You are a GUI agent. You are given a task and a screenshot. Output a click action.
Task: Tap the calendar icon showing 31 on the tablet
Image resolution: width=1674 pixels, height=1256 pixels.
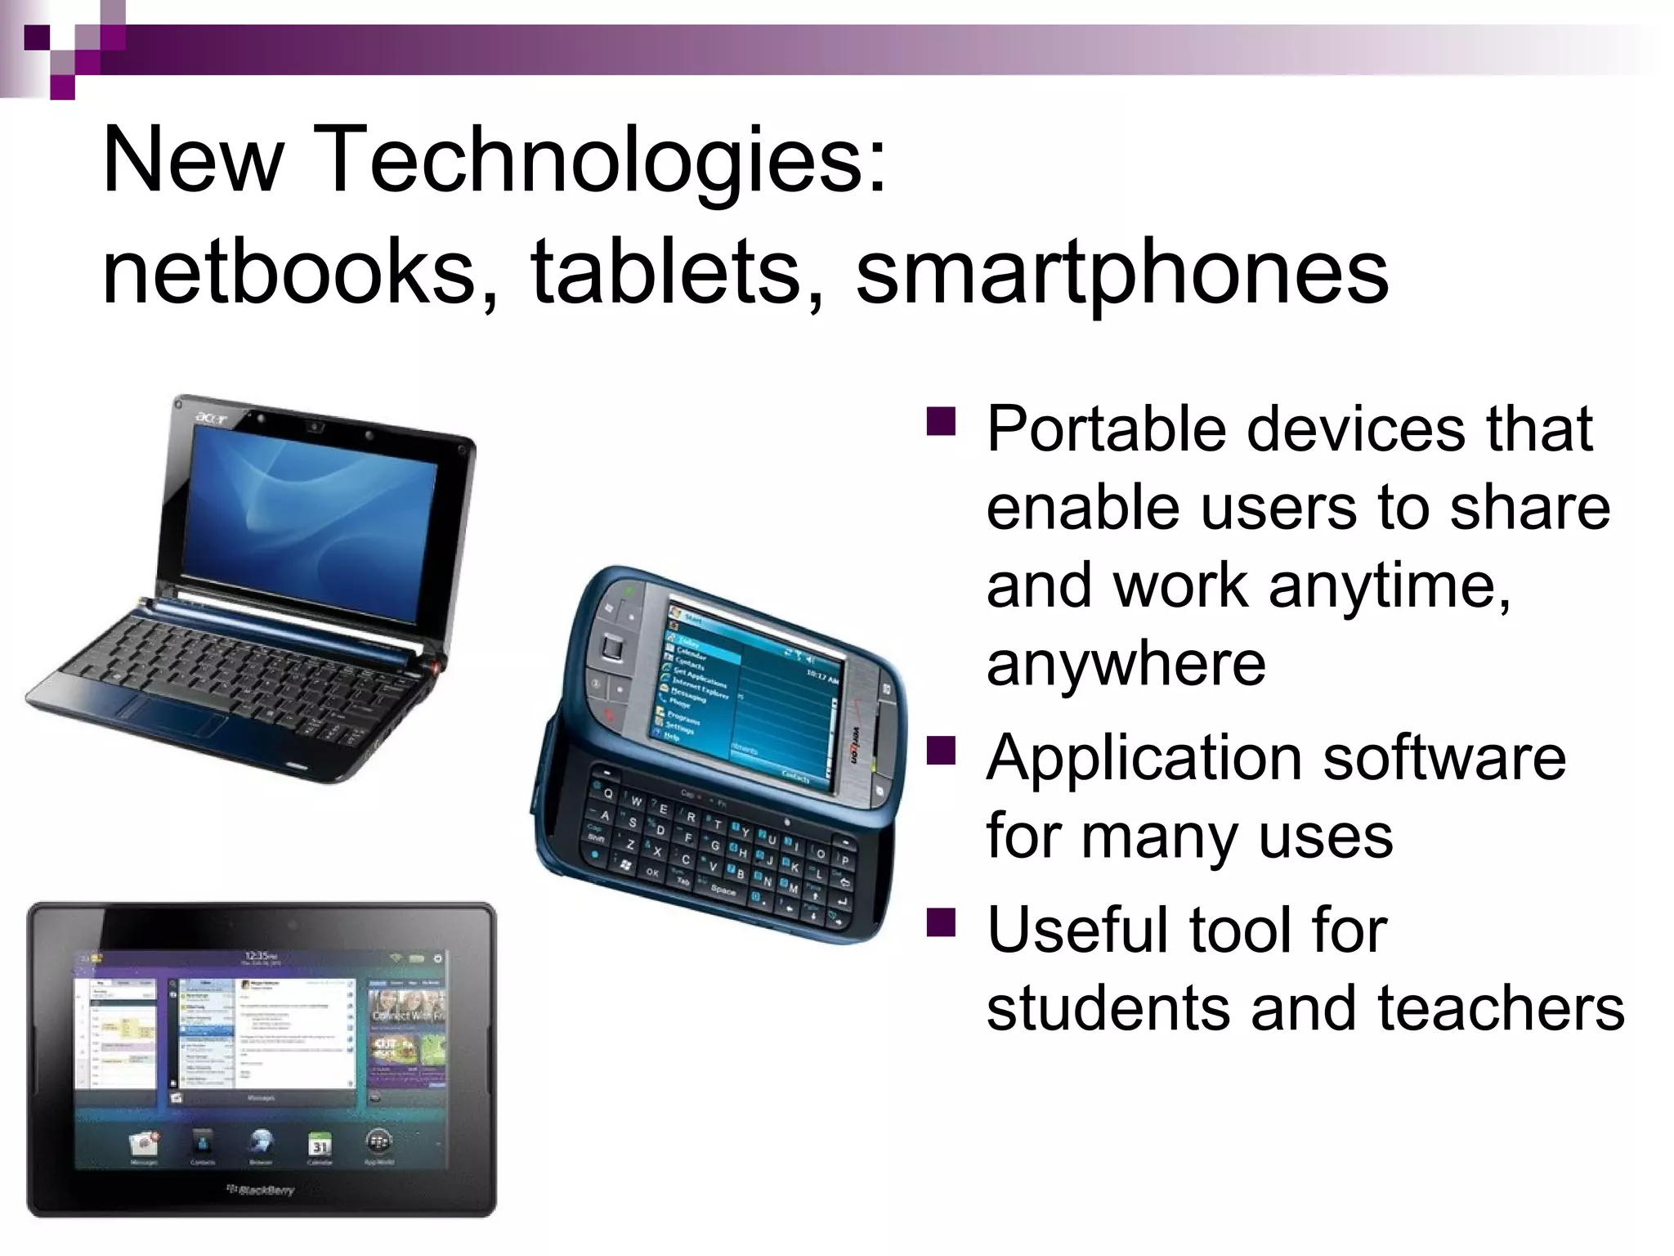click(x=320, y=1145)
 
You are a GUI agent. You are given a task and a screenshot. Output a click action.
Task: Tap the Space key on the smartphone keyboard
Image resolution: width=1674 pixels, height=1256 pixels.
click(x=723, y=890)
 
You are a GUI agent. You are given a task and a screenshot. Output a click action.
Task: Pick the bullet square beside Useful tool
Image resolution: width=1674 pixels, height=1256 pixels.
click(x=941, y=922)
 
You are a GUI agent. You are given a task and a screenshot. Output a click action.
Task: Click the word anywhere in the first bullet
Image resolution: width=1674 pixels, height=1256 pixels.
click(x=1126, y=663)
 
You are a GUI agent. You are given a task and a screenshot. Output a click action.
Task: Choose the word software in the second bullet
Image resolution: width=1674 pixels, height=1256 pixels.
click(x=1444, y=758)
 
